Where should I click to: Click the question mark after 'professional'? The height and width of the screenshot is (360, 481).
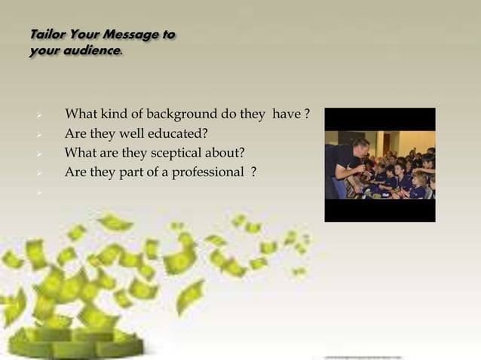click(254, 172)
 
